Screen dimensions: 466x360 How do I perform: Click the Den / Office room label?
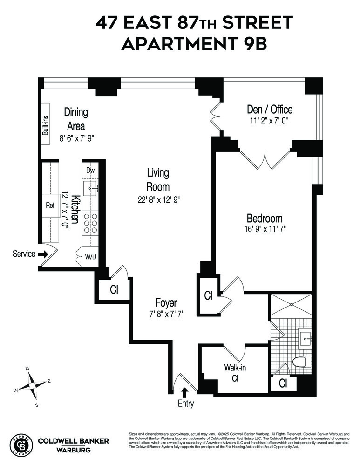[x=269, y=110]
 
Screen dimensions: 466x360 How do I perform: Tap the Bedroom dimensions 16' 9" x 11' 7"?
[x=265, y=229]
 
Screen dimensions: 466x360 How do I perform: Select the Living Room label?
[x=158, y=179]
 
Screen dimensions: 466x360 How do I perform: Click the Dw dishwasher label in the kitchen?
[x=90, y=171]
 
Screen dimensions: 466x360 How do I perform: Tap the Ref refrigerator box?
[x=50, y=205]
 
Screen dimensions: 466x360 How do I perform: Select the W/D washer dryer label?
[x=90, y=256]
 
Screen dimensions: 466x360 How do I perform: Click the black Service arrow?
[x=42, y=254]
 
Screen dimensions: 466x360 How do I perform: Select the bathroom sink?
[x=306, y=338]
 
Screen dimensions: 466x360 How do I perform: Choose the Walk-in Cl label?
[x=235, y=372]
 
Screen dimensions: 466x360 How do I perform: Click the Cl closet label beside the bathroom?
[x=283, y=384]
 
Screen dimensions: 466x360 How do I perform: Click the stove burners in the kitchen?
[x=90, y=223]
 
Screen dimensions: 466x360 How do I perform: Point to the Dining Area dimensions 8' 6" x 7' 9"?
[x=76, y=138]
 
